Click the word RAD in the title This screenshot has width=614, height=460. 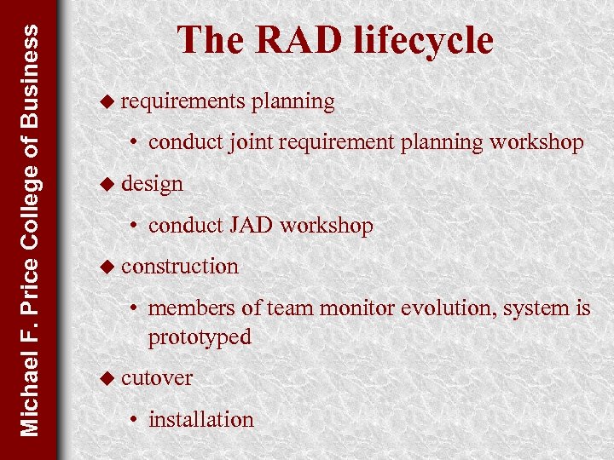[282, 40]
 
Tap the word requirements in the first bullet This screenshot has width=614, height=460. [182, 101]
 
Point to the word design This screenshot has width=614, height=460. [152, 183]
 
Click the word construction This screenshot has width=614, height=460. [180, 266]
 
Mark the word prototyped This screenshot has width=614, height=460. [200, 337]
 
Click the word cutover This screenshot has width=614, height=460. [157, 377]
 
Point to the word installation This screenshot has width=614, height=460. [201, 419]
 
